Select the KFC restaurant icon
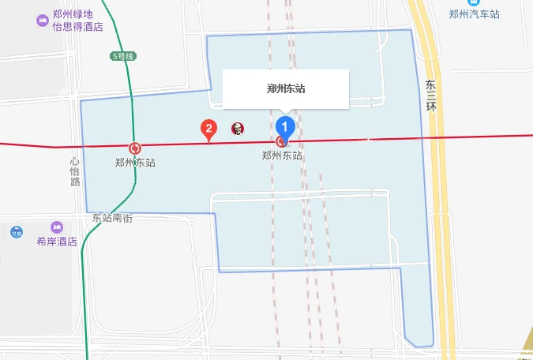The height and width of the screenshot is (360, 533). pyautogui.click(x=236, y=129)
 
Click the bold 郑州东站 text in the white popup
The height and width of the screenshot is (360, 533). pyautogui.click(x=286, y=89)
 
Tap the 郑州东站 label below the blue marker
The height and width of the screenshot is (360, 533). pyautogui.click(x=282, y=156)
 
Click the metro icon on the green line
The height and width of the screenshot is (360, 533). pyautogui.click(x=136, y=148)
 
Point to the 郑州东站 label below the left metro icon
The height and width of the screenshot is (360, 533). pyautogui.click(x=135, y=163)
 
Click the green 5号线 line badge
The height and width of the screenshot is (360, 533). pyautogui.click(x=124, y=56)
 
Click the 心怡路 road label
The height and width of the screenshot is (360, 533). pyautogui.click(x=75, y=171)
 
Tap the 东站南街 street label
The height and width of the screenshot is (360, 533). pyautogui.click(x=111, y=217)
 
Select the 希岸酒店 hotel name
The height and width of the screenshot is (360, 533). pyautogui.click(x=56, y=242)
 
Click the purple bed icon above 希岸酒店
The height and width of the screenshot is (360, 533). pyautogui.click(x=56, y=227)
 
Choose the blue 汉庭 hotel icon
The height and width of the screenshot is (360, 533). pyautogui.click(x=17, y=232)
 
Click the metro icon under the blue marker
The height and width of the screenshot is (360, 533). pyautogui.click(x=281, y=141)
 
